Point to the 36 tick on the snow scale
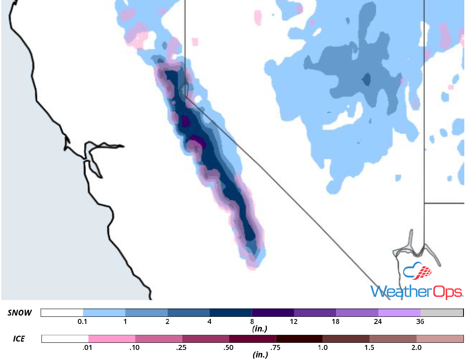pos(420,321)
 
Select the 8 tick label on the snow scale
pos(252,321)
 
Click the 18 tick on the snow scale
pos(336,321)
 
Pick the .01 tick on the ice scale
pos(88,347)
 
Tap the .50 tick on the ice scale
pos(229,347)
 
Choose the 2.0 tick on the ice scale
pos(417,347)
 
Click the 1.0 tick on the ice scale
pos(323,347)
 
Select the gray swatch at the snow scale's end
pos(442,313)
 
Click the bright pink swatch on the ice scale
pos(112,339)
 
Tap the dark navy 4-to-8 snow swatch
pos(230,313)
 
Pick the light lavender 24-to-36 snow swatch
pos(399,313)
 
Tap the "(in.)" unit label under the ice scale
pos(260,355)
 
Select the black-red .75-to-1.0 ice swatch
pos(299,339)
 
